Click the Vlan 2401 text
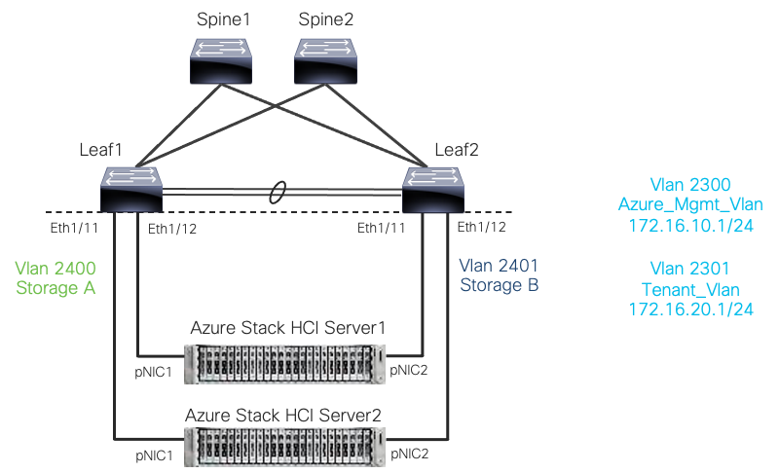tap(499, 268)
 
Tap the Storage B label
tap(499, 286)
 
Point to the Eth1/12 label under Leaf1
tap(172, 228)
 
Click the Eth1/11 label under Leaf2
tap(382, 228)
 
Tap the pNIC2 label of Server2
tap(410, 454)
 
